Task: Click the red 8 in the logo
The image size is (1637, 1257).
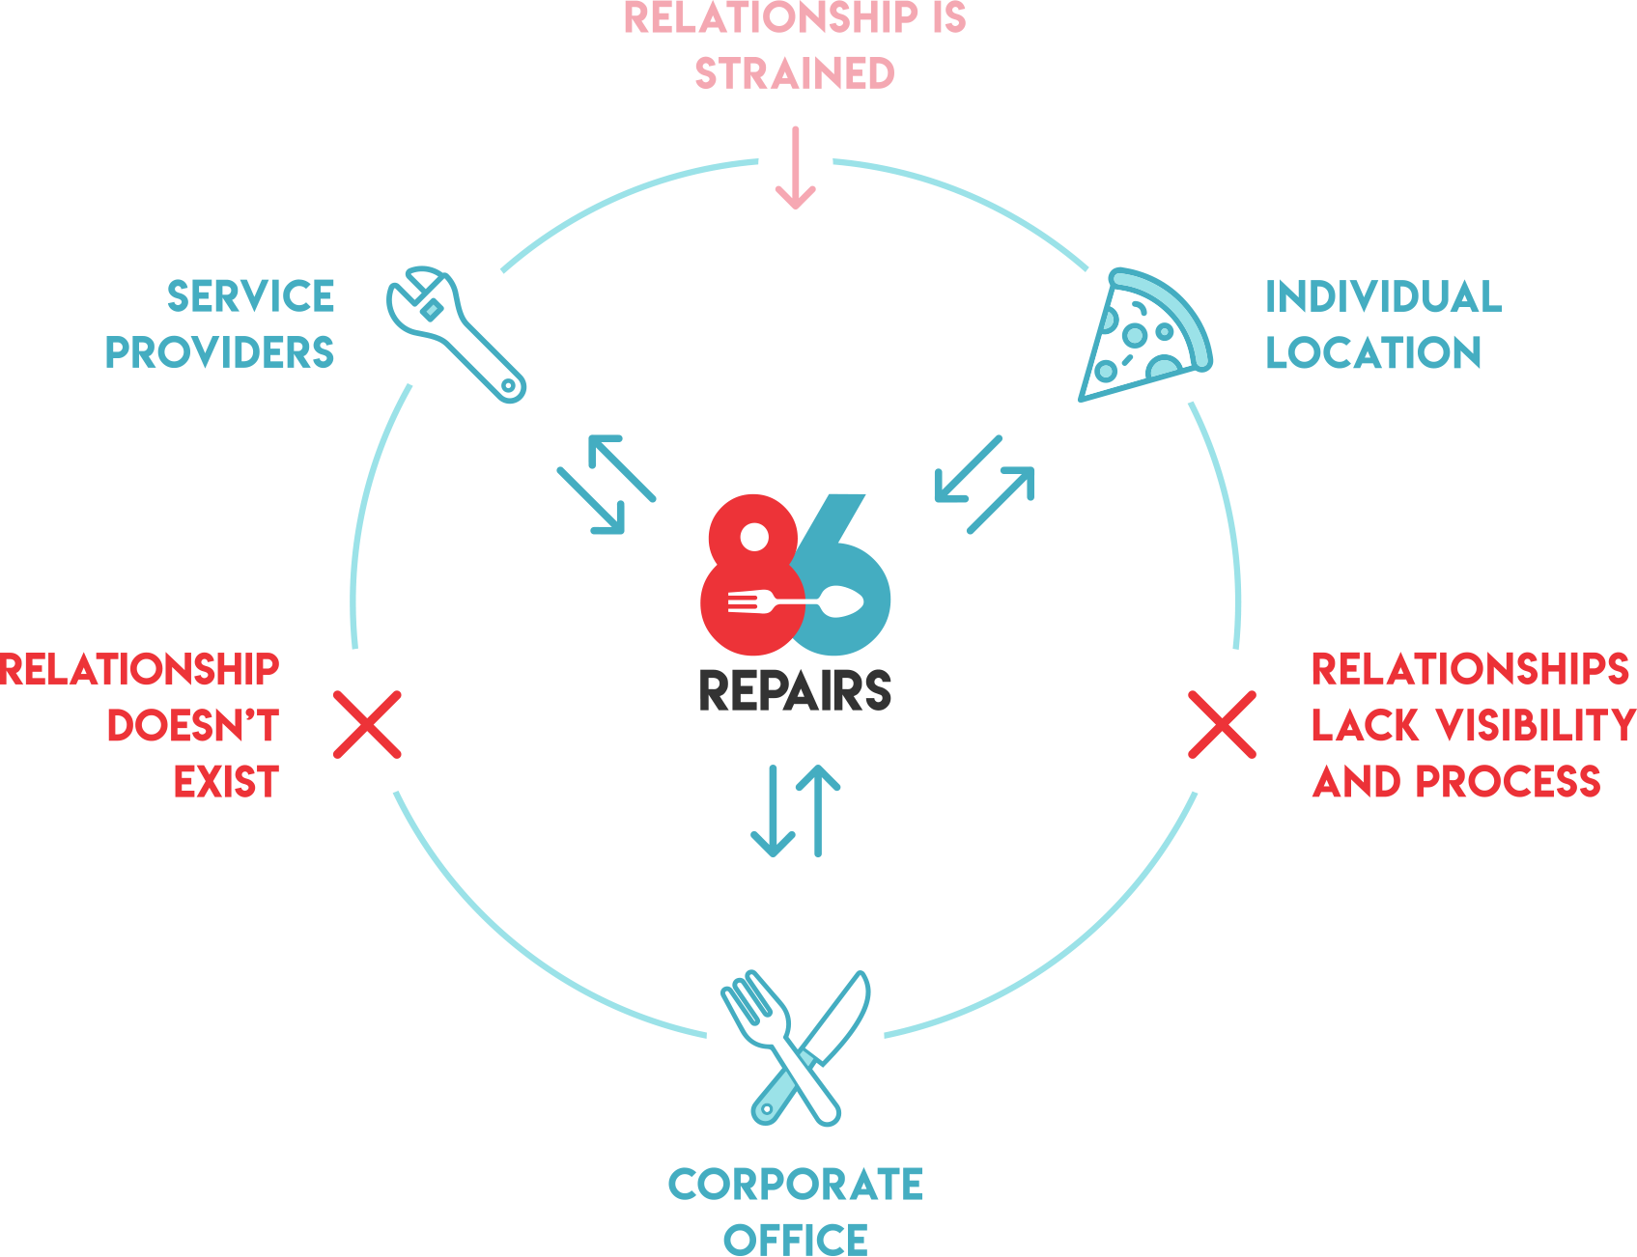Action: coord(749,579)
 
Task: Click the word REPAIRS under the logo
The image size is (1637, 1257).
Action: coord(795,690)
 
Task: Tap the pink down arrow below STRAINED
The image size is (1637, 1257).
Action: coord(795,168)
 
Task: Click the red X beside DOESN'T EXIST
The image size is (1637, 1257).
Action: coord(367,724)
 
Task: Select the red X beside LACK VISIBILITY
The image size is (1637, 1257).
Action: coord(1222,724)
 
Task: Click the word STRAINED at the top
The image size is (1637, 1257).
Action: coord(795,74)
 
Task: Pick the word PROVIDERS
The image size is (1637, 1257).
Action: coord(219,352)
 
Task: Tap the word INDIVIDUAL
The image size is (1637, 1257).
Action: coord(1383,296)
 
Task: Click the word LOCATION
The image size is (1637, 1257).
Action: coord(1373,352)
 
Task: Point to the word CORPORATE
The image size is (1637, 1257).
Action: coord(795,1185)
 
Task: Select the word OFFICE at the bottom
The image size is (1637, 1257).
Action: coord(795,1239)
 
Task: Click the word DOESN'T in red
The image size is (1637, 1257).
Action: coord(193,726)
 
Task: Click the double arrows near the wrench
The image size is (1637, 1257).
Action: coord(607,484)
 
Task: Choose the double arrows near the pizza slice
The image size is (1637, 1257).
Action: coord(984,484)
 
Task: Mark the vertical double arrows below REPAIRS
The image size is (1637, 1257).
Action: coord(796,811)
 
